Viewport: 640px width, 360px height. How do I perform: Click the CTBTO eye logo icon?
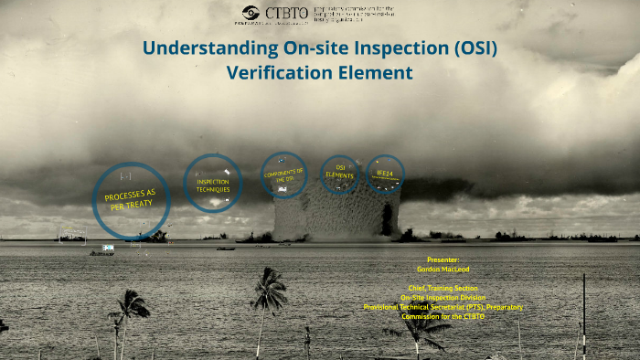coord(251,13)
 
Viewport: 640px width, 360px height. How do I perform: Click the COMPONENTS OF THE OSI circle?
coord(283,175)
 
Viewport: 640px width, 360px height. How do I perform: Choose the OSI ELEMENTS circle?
coord(339,174)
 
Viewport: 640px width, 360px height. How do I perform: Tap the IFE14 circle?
coord(385,173)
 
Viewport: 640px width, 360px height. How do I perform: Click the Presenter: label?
coord(443,259)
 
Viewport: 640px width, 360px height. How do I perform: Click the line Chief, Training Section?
coord(443,288)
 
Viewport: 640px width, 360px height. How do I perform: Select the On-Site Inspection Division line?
coord(443,297)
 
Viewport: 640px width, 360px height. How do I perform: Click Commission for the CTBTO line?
coord(443,316)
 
